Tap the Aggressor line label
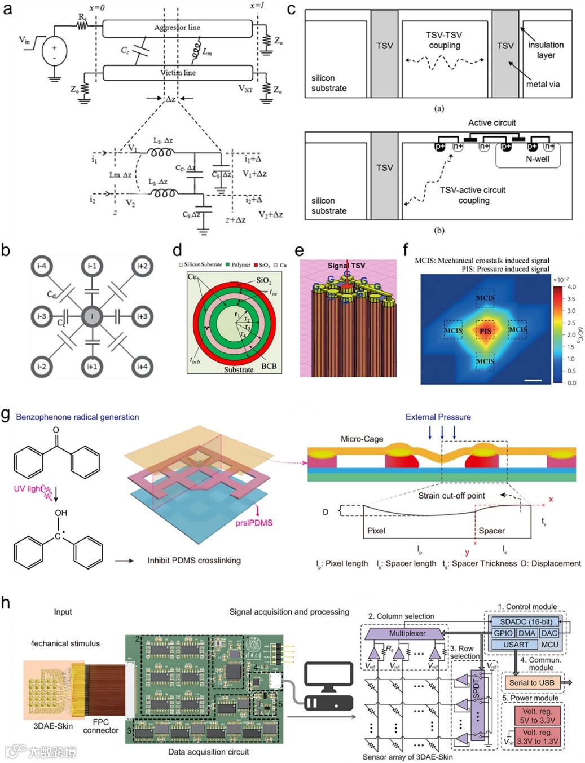coord(177,28)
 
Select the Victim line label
coord(178,73)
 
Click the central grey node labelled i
coord(91,316)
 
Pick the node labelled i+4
coord(142,367)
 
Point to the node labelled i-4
coord(41,266)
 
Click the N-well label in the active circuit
coord(537,159)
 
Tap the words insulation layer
coord(546,50)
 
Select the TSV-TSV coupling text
coord(444,39)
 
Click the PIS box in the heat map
coord(485,330)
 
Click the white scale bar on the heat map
coord(533,380)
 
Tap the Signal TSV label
coord(346,266)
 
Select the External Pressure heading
coord(438,417)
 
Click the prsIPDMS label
coord(254,523)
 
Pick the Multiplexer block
coord(407,633)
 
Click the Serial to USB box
coord(531,682)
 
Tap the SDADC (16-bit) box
coord(526,621)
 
